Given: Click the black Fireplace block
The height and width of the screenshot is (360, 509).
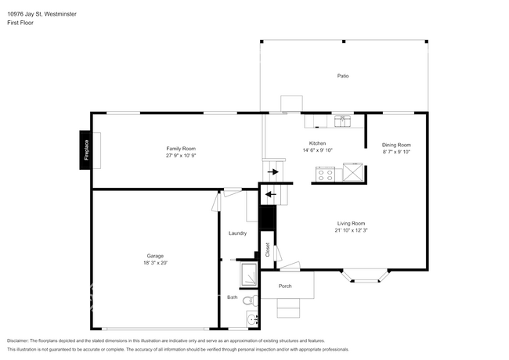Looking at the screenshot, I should (x=85, y=149).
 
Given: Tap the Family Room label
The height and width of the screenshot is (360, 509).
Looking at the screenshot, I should (x=181, y=149).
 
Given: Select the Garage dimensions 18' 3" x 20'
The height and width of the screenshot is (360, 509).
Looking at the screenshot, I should (x=155, y=263).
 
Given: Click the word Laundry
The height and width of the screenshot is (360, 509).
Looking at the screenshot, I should (x=237, y=233).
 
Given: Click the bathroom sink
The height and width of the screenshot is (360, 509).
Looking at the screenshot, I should (x=250, y=319).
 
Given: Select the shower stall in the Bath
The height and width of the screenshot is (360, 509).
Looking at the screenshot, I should (x=249, y=275).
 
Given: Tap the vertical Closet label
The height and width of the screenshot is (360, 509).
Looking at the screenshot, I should (x=267, y=250).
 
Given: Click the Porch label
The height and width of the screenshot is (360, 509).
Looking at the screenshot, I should (x=285, y=286).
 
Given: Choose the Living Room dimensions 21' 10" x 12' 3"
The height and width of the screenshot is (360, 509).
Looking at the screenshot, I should (x=352, y=231).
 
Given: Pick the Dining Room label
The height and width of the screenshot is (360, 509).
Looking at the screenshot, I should (x=396, y=145).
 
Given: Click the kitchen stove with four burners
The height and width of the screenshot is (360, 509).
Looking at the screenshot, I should (x=325, y=175).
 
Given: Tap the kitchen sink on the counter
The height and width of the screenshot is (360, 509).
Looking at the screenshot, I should (x=341, y=121).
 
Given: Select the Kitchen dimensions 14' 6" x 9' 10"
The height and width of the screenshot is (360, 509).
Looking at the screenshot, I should (x=317, y=150).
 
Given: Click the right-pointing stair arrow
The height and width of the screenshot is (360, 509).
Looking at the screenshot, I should (x=273, y=171).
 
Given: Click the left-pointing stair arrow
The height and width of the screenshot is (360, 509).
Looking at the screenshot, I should (x=270, y=194).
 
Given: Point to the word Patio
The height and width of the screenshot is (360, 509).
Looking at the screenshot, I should (x=343, y=76).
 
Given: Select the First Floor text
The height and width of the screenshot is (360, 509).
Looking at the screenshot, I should (x=22, y=23).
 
